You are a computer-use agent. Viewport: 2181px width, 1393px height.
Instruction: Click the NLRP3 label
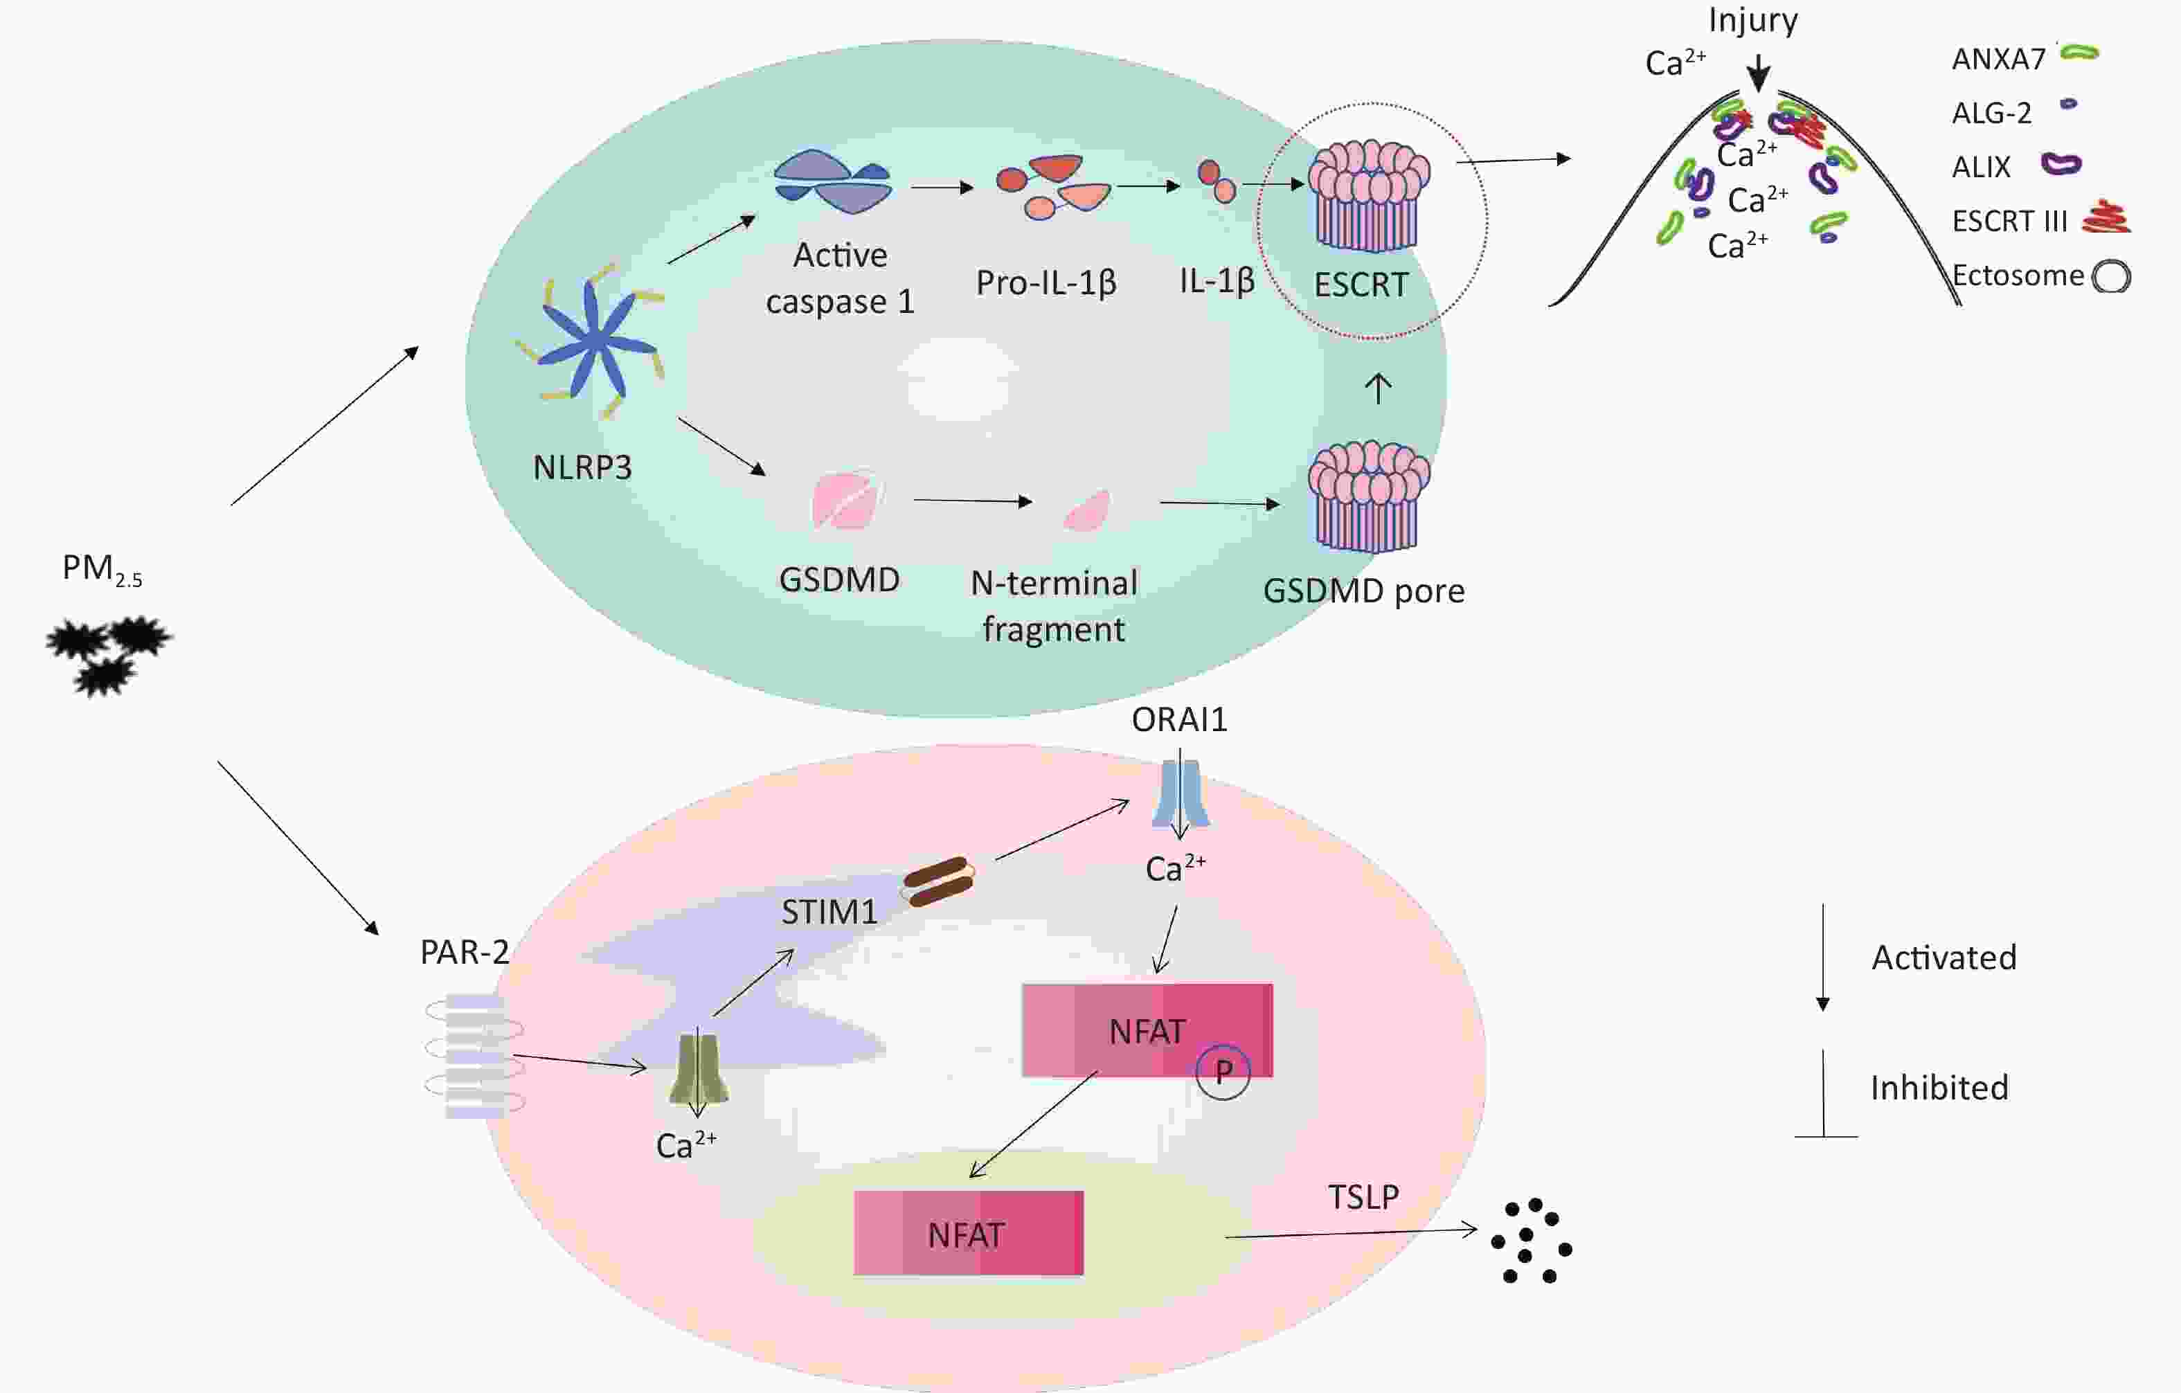pos(582,467)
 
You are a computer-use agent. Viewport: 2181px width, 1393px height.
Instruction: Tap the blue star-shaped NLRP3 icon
pos(593,341)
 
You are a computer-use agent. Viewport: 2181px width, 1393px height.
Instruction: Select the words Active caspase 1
pos(841,278)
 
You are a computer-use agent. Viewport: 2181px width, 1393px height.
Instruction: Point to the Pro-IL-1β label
pos(1046,283)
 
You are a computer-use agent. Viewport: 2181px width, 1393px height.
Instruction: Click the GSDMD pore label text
pos(1364,591)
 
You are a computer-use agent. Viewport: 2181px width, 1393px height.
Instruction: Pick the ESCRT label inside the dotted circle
pos(1361,285)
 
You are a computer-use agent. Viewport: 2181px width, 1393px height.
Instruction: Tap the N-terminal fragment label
pos(1054,606)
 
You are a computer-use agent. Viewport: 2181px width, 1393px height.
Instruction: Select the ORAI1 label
pos(1179,720)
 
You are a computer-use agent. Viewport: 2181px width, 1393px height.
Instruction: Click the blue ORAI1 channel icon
pos(1181,793)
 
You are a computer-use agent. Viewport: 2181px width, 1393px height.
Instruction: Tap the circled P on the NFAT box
pos(1223,1072)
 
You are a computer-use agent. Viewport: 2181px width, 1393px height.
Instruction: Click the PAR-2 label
pos(465,952)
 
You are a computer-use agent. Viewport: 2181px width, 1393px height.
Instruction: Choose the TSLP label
pos(1363,1197)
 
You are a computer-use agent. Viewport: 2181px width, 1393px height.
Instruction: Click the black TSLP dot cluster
pos(1532,1241)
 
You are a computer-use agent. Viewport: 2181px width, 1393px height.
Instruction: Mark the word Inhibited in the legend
pos(1939,1088)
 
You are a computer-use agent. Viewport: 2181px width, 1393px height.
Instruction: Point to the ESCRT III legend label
pos(2010,221)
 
